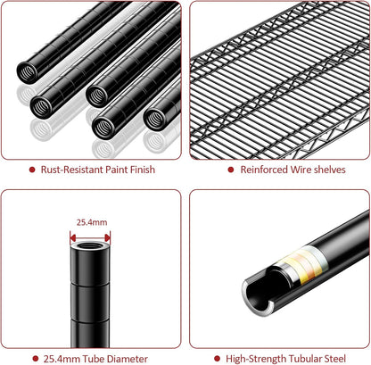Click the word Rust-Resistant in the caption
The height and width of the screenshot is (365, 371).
(72, 170)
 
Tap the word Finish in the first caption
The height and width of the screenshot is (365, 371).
(143, 170)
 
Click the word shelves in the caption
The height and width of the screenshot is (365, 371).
(330, 170)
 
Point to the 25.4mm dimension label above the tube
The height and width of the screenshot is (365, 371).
(92, 222)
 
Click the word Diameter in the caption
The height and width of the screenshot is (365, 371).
(128, 359)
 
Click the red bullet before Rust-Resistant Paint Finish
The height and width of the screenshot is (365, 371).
(32, 170)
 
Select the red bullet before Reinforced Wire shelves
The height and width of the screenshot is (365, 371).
(231, 170)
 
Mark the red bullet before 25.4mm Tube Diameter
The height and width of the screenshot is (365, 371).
(36, 359)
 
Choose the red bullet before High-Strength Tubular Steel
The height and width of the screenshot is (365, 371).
(217, 359)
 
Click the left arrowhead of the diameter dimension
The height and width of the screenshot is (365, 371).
(73, 237)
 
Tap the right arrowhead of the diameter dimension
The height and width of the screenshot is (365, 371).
(108, 237)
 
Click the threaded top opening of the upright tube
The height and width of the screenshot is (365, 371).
(90, 246)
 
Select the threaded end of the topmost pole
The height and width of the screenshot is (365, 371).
(28, 73)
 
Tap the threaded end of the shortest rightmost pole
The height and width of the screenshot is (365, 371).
(154, 119)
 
